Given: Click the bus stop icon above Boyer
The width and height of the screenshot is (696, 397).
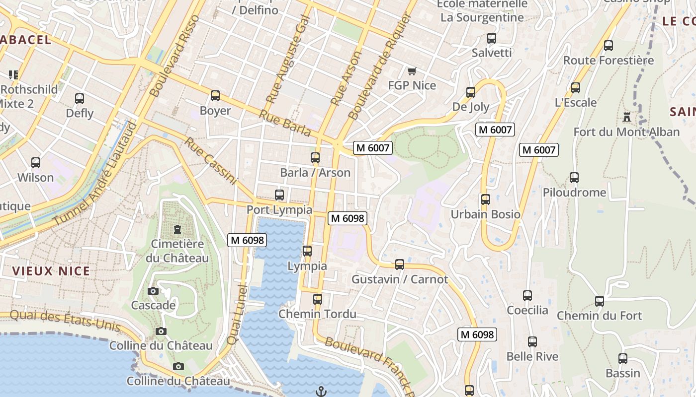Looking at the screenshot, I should point(215,96).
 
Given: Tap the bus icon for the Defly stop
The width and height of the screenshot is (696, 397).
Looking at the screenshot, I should point(80,99).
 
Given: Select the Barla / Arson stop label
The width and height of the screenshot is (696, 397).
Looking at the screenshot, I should point(315,173).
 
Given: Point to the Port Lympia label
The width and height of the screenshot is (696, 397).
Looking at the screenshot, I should point(279,210).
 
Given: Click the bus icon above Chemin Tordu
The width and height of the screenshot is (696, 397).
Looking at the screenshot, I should point(318,299).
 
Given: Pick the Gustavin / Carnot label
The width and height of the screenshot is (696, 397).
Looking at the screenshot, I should point(400,279).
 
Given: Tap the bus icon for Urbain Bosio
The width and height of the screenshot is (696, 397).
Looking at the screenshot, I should point(486,199).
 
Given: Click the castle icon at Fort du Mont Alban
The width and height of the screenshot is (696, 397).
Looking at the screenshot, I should point(626,118).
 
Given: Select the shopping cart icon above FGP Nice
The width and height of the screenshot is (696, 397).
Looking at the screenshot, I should point(412,71).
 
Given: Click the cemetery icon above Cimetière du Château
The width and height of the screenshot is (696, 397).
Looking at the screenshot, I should point(177,229).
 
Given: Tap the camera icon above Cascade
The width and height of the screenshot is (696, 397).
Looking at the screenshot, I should point(153,291).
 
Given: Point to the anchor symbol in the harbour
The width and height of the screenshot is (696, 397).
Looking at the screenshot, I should point(321,392).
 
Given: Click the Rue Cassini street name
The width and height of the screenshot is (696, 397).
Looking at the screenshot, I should point(211,161).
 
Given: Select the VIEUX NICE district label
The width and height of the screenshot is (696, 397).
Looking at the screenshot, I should point(51,271).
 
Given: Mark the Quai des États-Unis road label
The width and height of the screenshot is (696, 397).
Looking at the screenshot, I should point(65,321).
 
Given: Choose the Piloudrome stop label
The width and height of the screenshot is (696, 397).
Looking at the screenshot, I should point(574,193).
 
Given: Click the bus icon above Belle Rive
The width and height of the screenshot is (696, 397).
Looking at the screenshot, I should point(532,342).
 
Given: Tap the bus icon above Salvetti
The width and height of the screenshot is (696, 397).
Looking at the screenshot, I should point(492,38).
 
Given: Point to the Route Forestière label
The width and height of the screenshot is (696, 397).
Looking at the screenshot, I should point(609,61).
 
